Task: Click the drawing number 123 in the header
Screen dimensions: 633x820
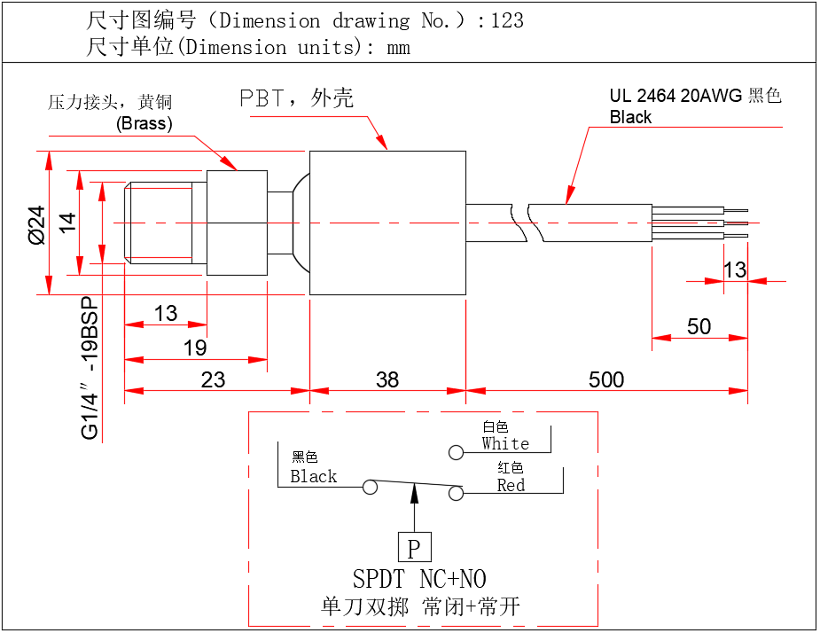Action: click(x=506, y=20)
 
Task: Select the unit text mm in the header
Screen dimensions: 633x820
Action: click(x=399, y=48)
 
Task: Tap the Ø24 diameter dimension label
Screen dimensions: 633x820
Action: click(x=35, y=225)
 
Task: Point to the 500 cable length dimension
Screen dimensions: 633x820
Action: click(x=606, y=379)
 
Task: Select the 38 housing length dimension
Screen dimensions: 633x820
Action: click(x=387, y=379)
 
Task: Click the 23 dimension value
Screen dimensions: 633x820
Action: click(x=213, y=379)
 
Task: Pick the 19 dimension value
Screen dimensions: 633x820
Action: click(x=195, y=348)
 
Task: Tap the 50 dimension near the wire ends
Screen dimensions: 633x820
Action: click(x=699, y=326)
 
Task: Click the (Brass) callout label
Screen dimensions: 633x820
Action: click(x=144, y=123)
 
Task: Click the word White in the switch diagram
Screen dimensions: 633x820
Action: click(x=505, y=443)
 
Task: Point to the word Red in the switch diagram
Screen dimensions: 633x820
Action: click(x=511, y=485)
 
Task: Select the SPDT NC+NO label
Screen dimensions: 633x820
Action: click(x=419, y=580)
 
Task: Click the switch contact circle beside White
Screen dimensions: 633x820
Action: click(x=456, y=453)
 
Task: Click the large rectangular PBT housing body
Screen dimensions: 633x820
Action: click(x=387, y=223)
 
